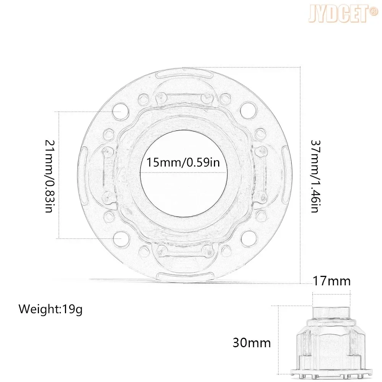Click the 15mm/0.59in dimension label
pos(183,162)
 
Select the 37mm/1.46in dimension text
pos(316,176)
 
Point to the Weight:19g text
pos(51,309)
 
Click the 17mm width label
pos(332,281)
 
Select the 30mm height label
pos(252,343)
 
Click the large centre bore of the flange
pos(183,173)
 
